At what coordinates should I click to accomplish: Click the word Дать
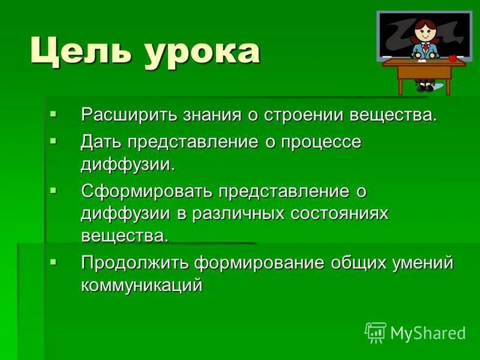click(x=101, y=142)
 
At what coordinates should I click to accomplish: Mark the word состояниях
click(x=340, y=214)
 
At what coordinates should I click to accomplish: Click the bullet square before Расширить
click(x=53, y=112)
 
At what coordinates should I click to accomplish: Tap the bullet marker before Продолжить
click(x=53, y=262)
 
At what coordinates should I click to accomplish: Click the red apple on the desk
click(x=452, y=58)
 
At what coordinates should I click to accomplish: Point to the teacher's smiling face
click(x=425, y=32)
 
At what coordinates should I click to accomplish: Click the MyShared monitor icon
click(x=376, y=332)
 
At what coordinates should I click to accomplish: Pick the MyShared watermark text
click(x=428, y=333)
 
